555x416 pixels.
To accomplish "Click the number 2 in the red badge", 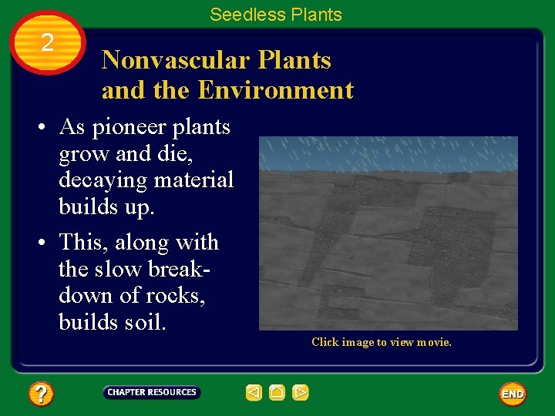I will [x=48, y=42].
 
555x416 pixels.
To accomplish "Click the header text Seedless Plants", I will [x=275, y=15].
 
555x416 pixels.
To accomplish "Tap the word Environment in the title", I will [x=275, y=91].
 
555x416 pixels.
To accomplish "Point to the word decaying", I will [x=101, y=180].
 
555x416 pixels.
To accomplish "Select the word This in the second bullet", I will [x=83, y=243].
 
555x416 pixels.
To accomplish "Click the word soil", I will [x=144, y=322].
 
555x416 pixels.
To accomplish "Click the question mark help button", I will [x=41, y=394].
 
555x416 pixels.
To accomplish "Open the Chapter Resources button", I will [x=152, y=393].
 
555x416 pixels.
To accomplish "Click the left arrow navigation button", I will [x=254, y=393].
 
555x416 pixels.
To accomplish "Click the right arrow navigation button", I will [x=301, y=393].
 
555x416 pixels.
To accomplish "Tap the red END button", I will [x=513, y=394].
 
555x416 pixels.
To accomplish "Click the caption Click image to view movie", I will [x=381, y=342].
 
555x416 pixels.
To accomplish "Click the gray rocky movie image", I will [x=388, y=233].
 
